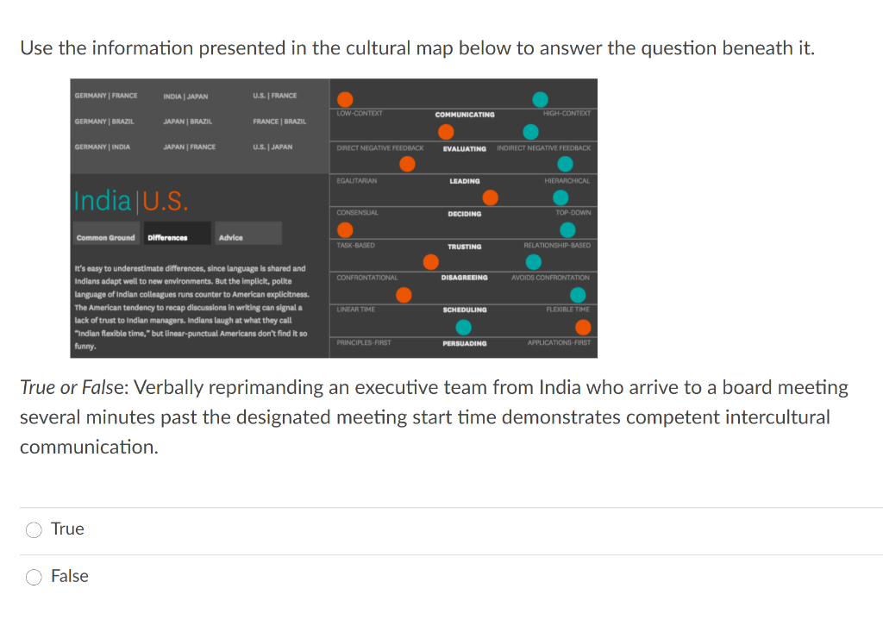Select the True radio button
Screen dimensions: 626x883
[x=34, y=530]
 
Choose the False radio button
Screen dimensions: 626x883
[x=34, y=578]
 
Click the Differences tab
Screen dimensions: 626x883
[x=167, y=237]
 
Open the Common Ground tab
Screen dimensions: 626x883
[x=105, y=237]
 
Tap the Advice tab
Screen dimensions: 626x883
[x=231, y=237]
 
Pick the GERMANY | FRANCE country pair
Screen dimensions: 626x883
[x=106, y=96]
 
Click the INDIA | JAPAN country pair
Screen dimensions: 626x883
[x=185, y=96]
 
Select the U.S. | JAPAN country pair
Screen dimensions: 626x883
[x=272, y=147]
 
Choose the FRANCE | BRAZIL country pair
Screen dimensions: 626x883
[x=279, y=122]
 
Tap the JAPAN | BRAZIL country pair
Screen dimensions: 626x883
[x=188, y=122]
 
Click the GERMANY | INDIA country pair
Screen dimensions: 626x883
[x=103, y=147]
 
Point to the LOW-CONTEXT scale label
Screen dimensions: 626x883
[x=360, y=114]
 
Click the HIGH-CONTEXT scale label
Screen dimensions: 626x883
[x=566, y=114]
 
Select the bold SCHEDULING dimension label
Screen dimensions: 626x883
[x=465, y=310]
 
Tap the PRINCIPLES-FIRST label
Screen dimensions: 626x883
[x=364, y=342]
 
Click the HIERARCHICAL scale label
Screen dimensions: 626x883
[x=567, y=181]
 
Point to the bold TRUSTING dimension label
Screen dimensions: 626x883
[x=465, y=247]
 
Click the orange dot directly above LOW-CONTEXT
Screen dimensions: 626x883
[x=345, y=99]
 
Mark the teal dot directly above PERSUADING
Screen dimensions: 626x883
[x=463, y=327]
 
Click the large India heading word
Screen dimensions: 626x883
[x=103, y=201]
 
